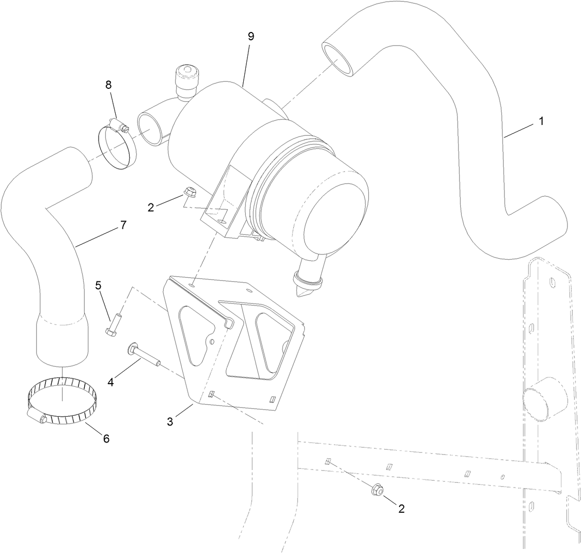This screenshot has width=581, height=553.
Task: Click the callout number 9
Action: tap(251, 37)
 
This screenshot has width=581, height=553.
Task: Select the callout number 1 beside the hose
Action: tap(541, 121)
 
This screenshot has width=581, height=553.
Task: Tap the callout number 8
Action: tap(109, 84)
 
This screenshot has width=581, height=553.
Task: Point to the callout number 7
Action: tap(123, 225)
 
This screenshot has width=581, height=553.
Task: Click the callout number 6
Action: tap(106, 438)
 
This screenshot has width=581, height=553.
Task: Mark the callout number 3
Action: tap(171, 422)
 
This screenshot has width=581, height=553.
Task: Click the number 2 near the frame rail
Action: tap(401, 508)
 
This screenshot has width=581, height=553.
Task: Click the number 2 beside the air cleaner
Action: tap(151, 208)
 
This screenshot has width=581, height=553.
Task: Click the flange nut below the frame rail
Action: tap(376, 488)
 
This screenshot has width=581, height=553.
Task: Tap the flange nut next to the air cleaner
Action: tap(189, 196)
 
